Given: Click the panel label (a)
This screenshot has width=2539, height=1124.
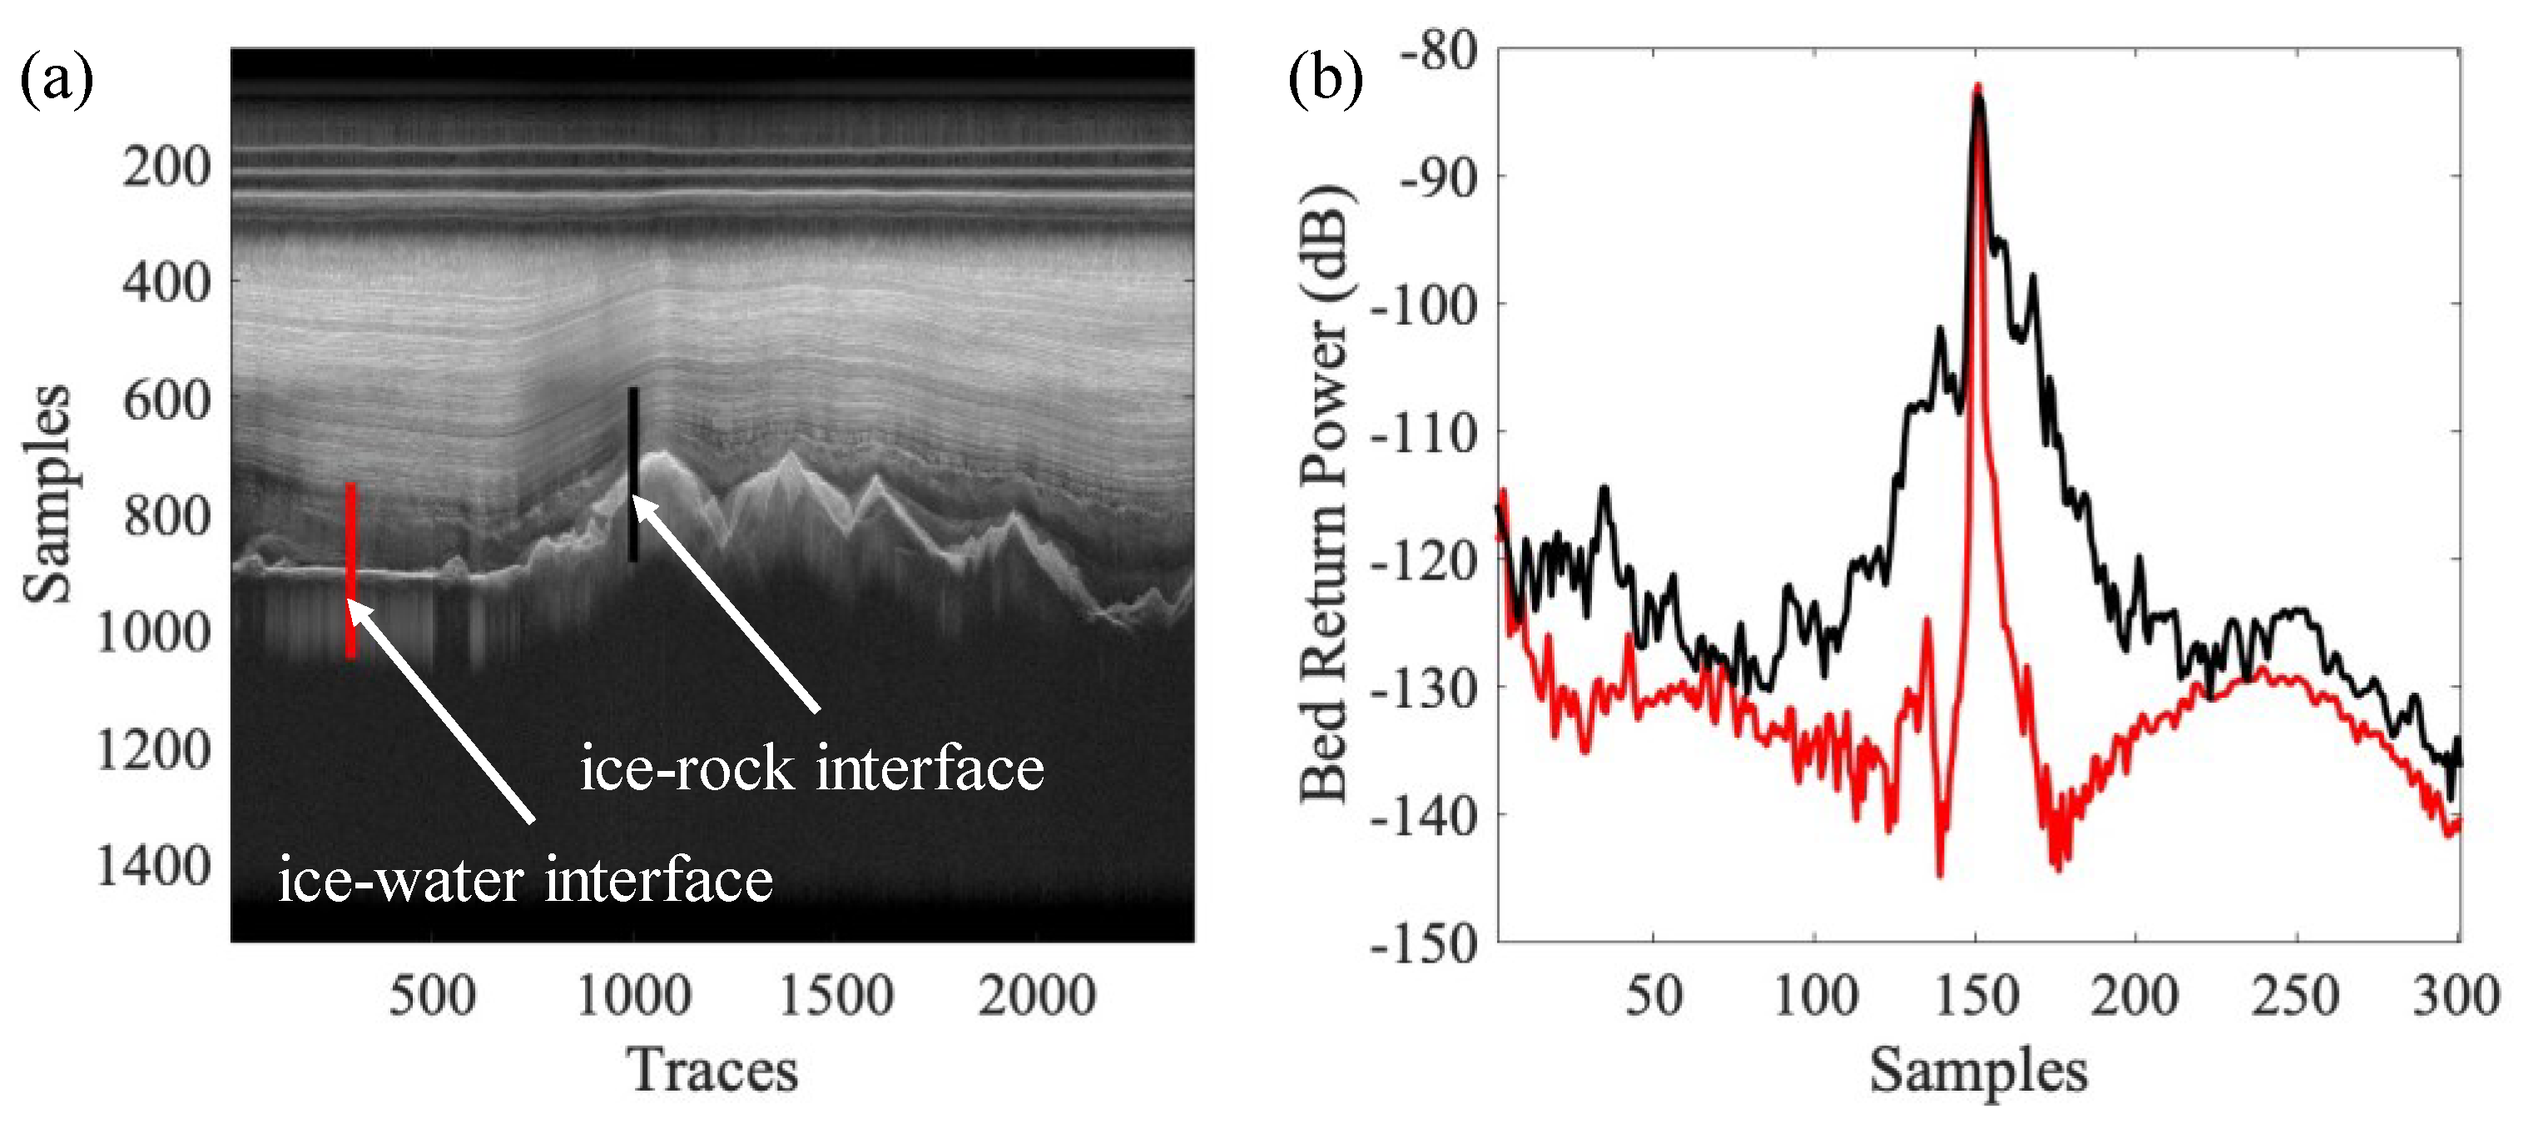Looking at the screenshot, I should [x=57, y=80].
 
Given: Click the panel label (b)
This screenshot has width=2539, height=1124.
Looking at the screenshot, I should [x=1326, y=80].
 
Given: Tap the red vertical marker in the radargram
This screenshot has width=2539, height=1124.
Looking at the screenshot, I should [x=350, y=569].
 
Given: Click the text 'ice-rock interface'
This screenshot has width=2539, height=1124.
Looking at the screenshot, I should [x=811, y=768].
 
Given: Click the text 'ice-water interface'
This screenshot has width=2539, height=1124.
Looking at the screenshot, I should [x=525, y=879].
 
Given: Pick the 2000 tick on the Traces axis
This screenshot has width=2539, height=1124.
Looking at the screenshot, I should [x=1037, y=995].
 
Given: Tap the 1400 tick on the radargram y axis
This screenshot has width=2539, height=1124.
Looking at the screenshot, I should [x=154, y=867].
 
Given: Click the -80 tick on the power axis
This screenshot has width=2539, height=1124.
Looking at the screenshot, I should [x=1439, y=52].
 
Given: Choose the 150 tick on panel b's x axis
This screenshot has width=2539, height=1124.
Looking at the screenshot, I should [x=1976, y=995].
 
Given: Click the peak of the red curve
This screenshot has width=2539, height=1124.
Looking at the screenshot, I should [x=1977, y=87].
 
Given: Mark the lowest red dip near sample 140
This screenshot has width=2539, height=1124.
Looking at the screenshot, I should [x=1940, y=873].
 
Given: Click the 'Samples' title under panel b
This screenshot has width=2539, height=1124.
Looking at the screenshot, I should [x=1978, y=1070].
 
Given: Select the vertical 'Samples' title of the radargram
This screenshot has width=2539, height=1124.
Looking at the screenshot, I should [x=47, y=493].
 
